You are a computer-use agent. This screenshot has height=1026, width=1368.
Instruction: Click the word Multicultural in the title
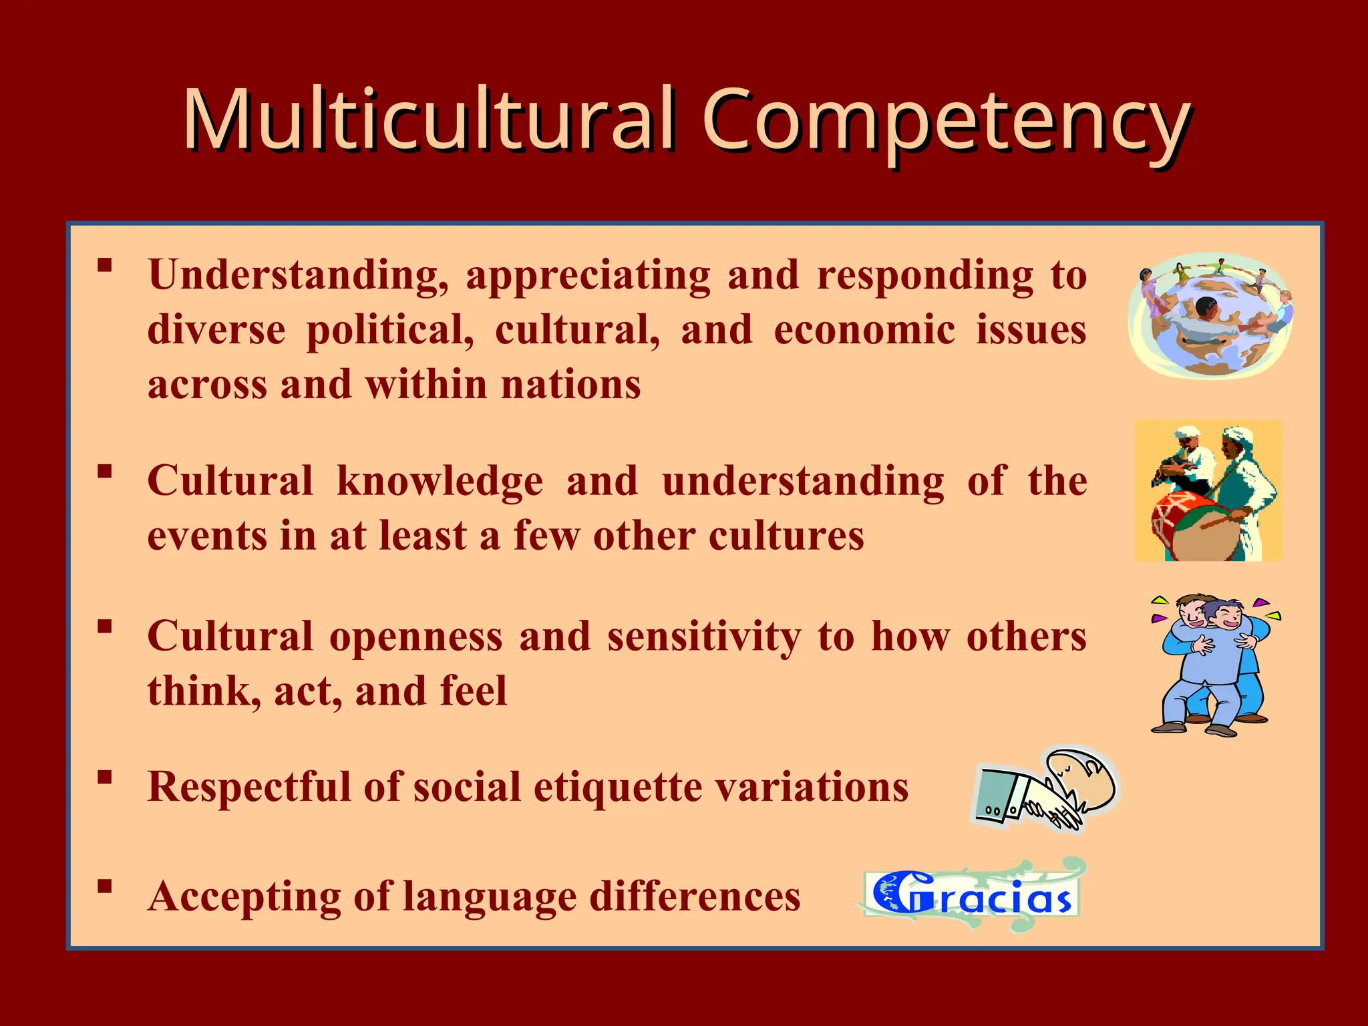pos(427,120)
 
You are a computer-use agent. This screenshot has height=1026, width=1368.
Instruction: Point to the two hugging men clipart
pos(1212,665)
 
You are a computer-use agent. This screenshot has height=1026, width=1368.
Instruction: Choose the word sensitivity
pos(704,636)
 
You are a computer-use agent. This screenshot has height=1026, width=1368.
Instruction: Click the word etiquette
pos(617,787)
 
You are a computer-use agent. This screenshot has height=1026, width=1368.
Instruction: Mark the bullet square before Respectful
pos(104,777)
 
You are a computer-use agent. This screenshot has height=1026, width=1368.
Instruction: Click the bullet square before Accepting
pos(104,886)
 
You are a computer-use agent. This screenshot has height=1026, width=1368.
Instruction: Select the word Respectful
pos(247,787)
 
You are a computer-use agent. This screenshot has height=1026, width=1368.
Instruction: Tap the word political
pos(390,330)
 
